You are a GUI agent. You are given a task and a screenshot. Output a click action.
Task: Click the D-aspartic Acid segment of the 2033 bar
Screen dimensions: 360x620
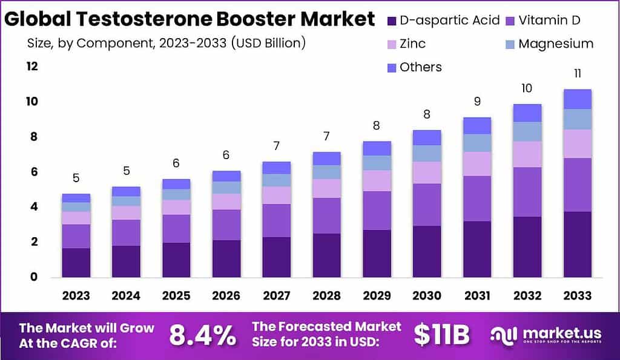pyautogui.click(x=577, y=244)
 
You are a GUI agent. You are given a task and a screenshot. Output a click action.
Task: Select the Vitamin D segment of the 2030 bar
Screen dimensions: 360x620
pyautogui.click(x=427, y=205)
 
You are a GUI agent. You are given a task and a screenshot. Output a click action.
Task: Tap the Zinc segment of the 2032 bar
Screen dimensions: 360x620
pyautogui.click(x=527, y=154)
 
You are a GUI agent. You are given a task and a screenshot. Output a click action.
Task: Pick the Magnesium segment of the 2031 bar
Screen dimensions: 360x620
pyautogui.click(x=477, y=143)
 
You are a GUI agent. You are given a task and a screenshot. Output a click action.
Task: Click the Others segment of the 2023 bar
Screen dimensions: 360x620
pyautogui.click(x=76, y=198)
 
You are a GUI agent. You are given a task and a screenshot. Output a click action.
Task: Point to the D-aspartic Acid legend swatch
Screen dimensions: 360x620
pyautogui.click(x=392, y=21)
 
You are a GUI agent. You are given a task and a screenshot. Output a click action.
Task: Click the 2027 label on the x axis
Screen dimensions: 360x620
pyautogui.click(x=276, y=295)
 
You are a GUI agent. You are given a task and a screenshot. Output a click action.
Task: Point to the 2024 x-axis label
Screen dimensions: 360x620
pyautogui.click(x=126, y=295)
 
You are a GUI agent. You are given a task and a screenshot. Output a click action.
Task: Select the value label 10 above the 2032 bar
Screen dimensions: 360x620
pyautogui.click(x=527, y=88)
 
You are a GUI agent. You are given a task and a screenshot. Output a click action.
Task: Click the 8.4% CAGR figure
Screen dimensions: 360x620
pyautogui.click(x=202, y=336)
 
